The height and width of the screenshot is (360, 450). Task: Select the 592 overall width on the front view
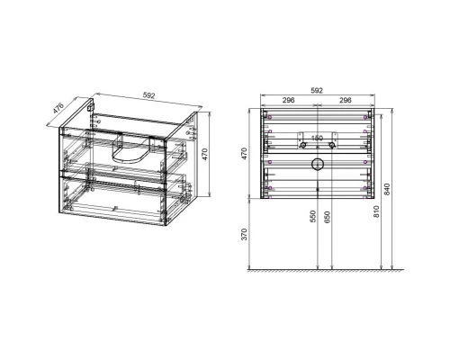[x=316, y=90]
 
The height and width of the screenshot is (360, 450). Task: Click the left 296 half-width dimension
[x=290, y=101]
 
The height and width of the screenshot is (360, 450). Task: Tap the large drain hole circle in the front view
[x=316, y=165]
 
